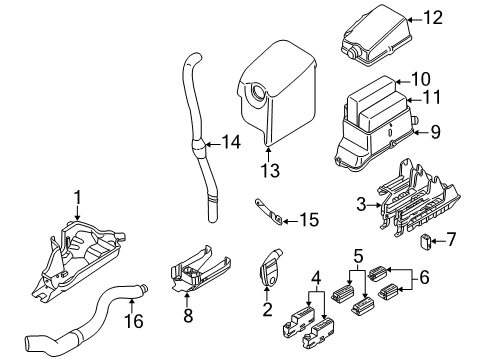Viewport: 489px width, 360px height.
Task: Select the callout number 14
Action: (x=231, y=143)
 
